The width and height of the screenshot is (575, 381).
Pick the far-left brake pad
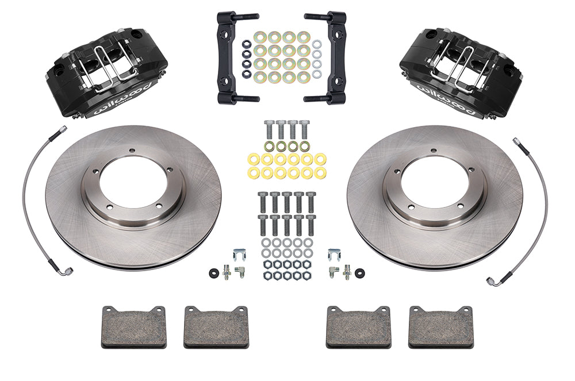point(133,326)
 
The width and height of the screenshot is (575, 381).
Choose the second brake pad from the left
point(215,326)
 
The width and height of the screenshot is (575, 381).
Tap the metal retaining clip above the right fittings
point(334,253)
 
